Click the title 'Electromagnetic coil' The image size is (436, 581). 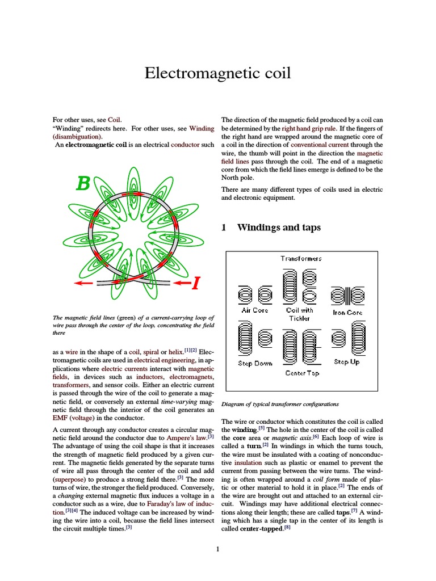coord(217,73)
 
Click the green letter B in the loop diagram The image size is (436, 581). coord(83,184)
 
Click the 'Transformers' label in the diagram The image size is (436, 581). coord(301,258)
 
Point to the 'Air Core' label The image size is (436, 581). coord(255,310)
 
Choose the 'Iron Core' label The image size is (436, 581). coord(347,312)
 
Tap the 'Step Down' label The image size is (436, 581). coord(255,363)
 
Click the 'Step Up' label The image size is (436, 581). coord(346,361)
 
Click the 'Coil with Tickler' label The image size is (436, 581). coord(300,314)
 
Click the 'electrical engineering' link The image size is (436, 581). coord(165,360)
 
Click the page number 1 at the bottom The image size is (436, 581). coord(217,549)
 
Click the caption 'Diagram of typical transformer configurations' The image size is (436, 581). coord(280,405)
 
